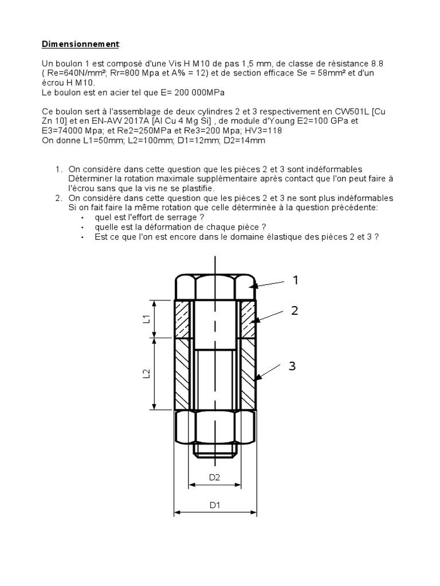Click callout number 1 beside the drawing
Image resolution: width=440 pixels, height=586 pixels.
coord(296,280)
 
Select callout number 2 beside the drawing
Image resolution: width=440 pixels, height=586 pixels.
coord(294,311)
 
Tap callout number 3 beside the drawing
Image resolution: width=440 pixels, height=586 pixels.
coord(292,366)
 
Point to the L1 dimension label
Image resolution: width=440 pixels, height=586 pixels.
coord(146,319)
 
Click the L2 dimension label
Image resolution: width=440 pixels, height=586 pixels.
coord(146,374)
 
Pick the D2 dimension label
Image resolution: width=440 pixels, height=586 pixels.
coord(215,477)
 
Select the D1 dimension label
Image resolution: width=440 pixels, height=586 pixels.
coord(215,505)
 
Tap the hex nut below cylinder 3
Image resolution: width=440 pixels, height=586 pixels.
coord(215,426)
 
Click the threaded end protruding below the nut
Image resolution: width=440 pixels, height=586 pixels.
coord(215,451)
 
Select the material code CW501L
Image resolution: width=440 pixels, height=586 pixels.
coord(352,112)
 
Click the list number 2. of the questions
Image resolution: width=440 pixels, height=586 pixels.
coord(58,198)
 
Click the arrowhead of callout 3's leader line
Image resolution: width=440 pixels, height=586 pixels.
coord(256,378)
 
